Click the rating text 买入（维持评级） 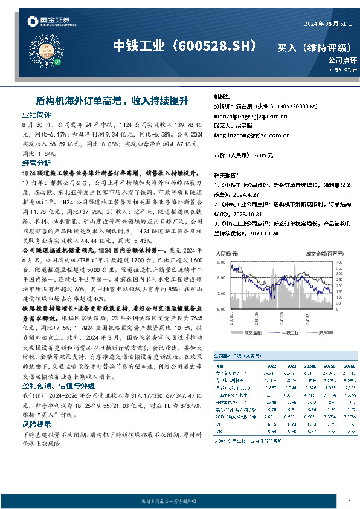click(309, 47)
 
